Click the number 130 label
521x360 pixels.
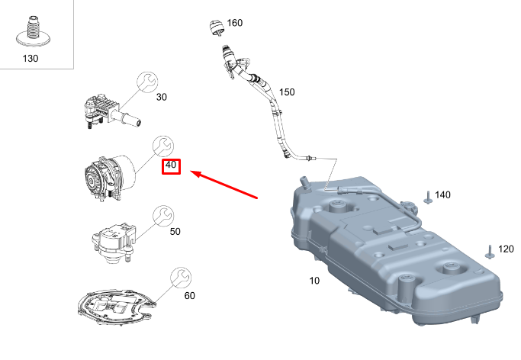[x=31, y=57]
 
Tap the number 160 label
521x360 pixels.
[x=234, y=23]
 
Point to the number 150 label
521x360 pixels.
[x=286, y=92]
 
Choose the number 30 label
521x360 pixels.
[x=162, y=97]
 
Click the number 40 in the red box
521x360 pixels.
[x=170, y=165]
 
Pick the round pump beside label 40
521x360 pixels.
[x=107, y=176]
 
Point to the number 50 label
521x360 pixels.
[x=175, y=230]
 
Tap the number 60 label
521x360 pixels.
[x=189, y=294]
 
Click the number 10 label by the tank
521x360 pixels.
[x=315, y=281]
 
